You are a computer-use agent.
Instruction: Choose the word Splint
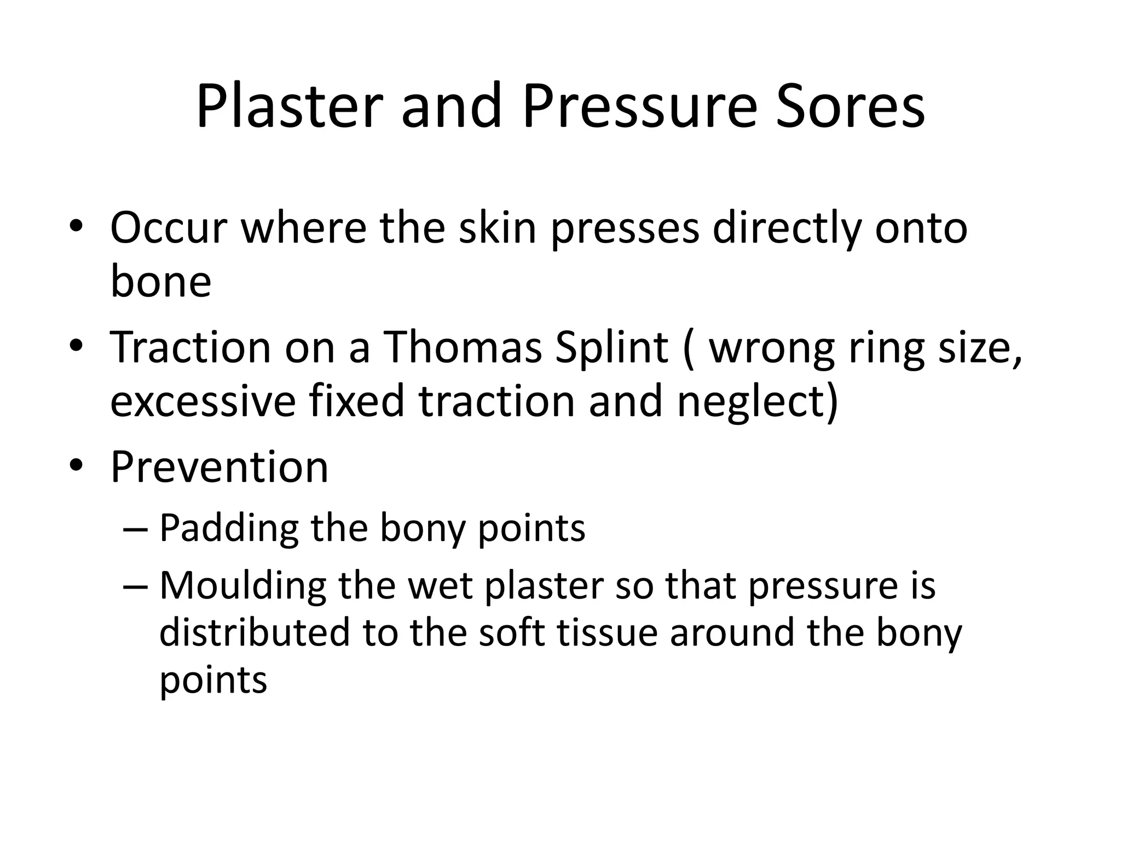click(611, 348)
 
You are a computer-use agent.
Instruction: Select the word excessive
click(203, 401)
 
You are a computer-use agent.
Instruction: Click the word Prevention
click(219, 467)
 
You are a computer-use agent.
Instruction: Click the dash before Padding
click(136, 529)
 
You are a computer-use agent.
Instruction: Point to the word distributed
click(254, 632)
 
